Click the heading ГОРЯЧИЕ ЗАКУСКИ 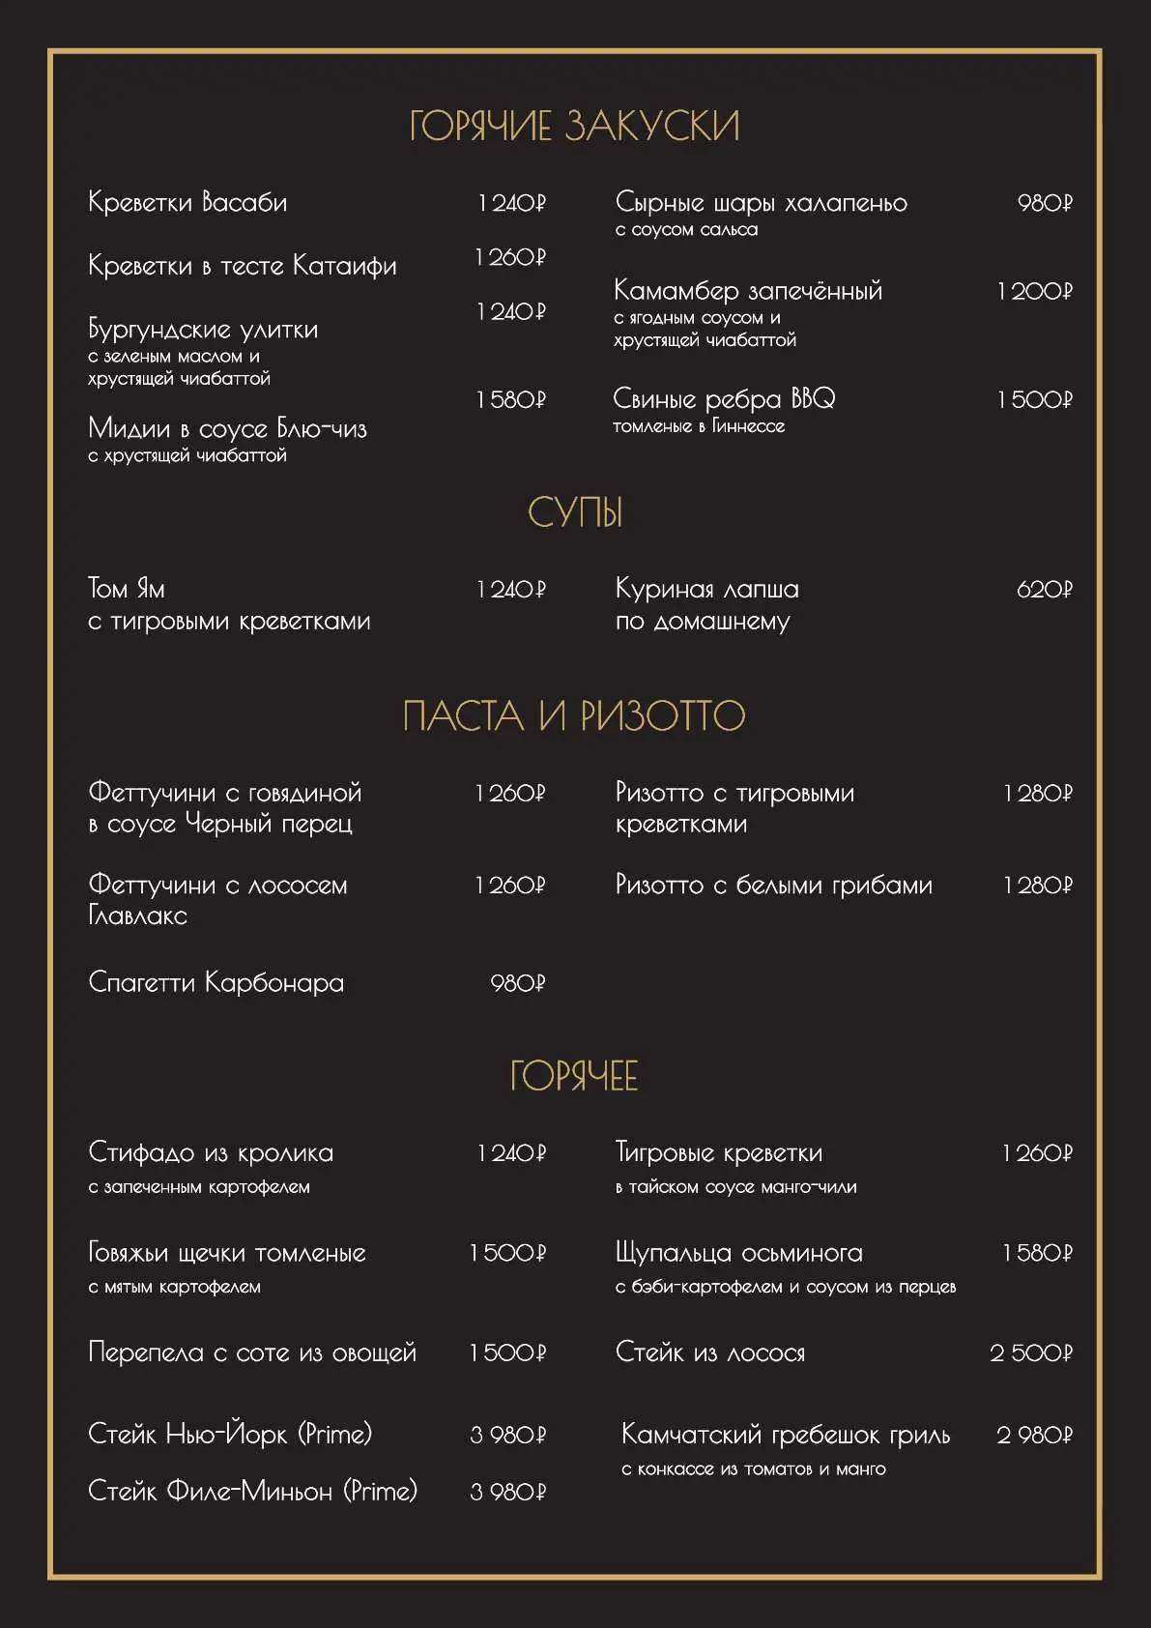point(574,127)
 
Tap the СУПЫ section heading point(575,513)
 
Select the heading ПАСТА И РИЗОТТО point(574,716)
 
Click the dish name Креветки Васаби point(187,202)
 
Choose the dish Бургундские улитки point(203,330)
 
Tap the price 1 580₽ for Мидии point(510,400)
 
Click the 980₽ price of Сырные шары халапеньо point(1045,203)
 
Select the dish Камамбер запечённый point(748,291)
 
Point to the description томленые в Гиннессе point(699,426)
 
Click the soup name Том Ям point(127,589)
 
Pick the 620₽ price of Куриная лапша point(1045,590)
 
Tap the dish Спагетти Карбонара point(216,983)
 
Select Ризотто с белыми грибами point(774,886)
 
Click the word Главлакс point(137,916)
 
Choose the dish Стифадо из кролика point(211,1153)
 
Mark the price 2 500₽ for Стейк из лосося point(1031,1353)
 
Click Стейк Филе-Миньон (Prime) point(252,1492)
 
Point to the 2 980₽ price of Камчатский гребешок point(1034,1436)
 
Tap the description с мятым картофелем point(175,1288)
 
